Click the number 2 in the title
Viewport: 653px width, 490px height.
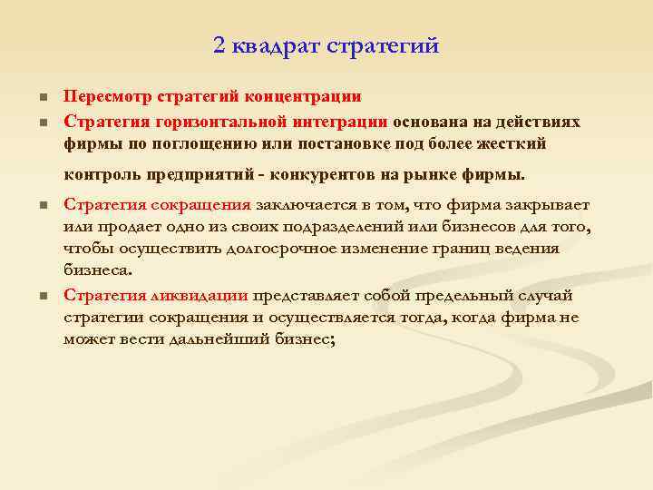point(220,45)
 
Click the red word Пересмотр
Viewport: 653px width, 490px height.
point(108,96)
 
